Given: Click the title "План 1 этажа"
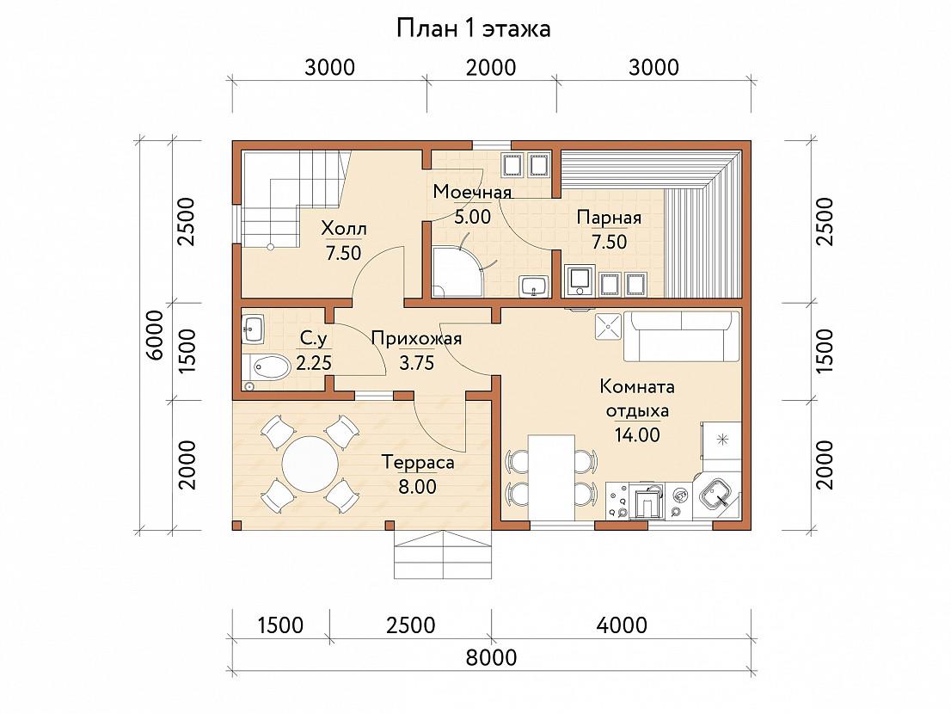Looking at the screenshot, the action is tap(474, 28).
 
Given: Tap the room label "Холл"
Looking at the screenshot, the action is tap(344, 229).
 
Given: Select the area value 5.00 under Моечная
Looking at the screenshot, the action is tap(472, 217).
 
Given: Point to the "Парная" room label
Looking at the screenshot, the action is tap(609, 217).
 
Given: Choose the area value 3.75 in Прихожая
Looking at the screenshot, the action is tap(417, 363).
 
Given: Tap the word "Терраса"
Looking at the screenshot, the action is tap(418, 463).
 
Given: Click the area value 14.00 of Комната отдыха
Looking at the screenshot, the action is tap(637, 435).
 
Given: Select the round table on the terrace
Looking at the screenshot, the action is tap(310, 465).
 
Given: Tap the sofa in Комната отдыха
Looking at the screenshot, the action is tap(683, 336).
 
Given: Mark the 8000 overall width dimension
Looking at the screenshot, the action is tap(491, 657).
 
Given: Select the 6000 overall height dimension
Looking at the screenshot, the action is tap(156, 335).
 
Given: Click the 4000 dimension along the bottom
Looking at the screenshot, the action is tap(622, 625).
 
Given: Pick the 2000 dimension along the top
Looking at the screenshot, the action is tap(491, 67).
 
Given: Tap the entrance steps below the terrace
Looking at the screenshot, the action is tap(442, 555).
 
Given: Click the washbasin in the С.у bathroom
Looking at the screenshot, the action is tap(254, 329).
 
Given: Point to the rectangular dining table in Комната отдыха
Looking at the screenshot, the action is tap(551, 477).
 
